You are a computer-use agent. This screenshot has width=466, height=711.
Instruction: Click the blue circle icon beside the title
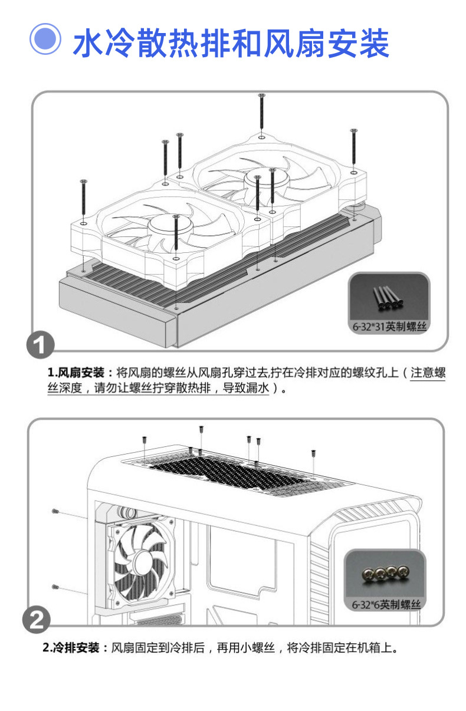tap(46, 39)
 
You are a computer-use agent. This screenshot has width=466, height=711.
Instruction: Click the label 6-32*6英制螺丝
tap(386, 605)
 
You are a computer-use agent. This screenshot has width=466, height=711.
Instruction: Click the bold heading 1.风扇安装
tap(76, 373)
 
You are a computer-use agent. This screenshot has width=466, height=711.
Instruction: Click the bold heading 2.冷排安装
tap(73, 649)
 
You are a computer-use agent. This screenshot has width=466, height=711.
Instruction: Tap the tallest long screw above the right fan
tap(261, 112)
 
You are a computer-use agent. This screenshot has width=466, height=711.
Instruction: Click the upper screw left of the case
tap(55, 510)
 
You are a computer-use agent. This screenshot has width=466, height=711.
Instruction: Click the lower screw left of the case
tap(55, 587)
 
